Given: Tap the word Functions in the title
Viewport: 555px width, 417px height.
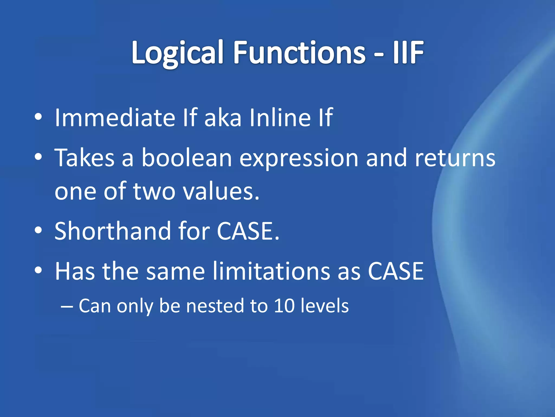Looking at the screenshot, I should point(299,53).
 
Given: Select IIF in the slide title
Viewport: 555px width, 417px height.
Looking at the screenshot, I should point(408,53).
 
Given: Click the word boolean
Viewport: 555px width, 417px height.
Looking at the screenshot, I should point(187,158).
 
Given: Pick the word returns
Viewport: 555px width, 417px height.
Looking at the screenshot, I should point(455,158).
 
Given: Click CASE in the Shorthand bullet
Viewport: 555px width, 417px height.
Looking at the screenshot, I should point(248,231).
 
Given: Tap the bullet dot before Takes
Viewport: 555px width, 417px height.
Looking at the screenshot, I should point(38,157).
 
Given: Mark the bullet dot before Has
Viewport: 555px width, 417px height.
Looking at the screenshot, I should point(38,270).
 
